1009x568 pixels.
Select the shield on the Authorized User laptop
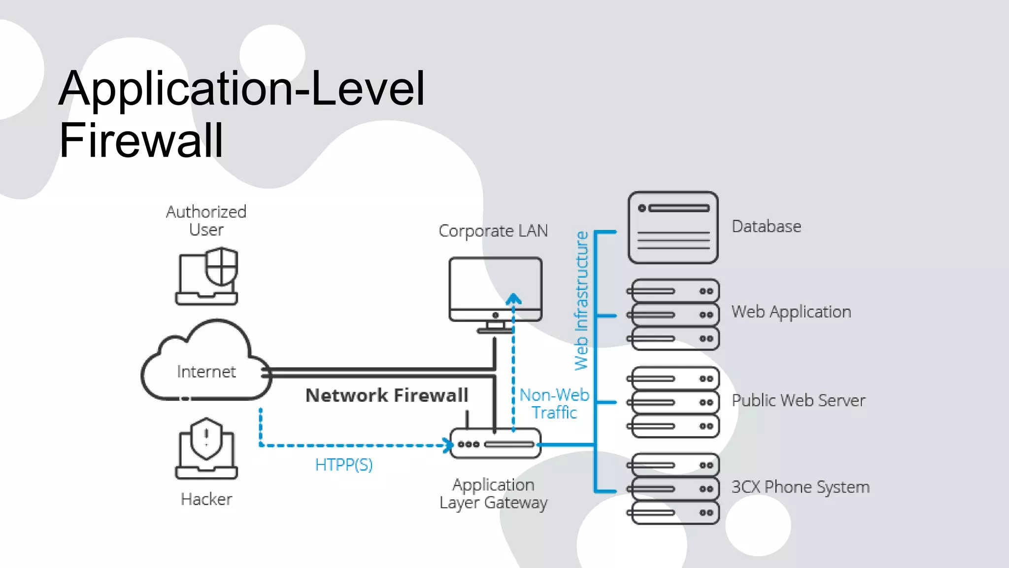[x=222, y=267]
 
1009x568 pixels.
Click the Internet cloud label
[x=206, y=372]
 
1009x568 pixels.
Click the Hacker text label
[x=206, y=499]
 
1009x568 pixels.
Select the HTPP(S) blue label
[x=344, y=464]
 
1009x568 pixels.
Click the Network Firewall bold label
[x=387, y=395]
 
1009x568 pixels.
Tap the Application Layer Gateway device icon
[x=495, y=444]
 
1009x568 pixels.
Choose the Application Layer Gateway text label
[x=493, y=494]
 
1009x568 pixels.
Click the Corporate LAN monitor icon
[x=495, y=291]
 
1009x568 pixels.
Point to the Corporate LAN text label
[x=493, y=231]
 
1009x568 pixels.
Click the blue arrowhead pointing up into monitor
[x=513, y=299]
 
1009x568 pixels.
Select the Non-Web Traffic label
[x=554, y=403]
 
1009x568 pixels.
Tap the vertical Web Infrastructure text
[x=582, y=301]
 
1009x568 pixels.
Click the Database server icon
[x=673, y=227]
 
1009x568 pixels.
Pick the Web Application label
[x=791, y=312]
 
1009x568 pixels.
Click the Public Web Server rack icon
[x=673, y=402]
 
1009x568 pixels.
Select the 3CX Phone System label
[x=800, y=487]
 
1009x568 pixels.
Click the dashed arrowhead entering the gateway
[x=448, y=445]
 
